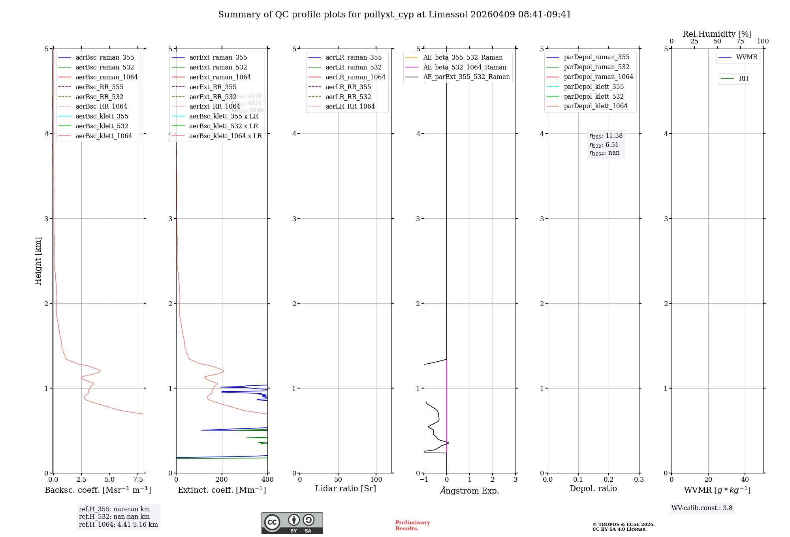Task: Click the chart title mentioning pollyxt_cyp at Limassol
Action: [x=395, y=15]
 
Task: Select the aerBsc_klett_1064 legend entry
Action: [x=104, y=136]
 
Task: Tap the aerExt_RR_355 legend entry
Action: [x=213, y=87]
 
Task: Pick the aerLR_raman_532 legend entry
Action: [x=354, y=67]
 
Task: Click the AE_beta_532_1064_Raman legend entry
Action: [x=465, y=67]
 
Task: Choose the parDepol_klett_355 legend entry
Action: [x=594, y=86]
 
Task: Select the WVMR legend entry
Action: [x=747, y=57]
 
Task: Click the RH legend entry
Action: [x=743, y=79]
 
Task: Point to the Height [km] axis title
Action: [x=38, y=261]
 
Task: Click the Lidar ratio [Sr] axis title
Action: [x=346, y=488]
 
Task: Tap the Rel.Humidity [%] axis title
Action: [x=717, y=34]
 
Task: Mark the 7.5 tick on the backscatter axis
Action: [x=138, y=480]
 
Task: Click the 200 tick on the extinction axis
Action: [x=222, y=480]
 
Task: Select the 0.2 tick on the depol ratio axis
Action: [x=609, y=480]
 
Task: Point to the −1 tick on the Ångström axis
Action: [x=424, y=480]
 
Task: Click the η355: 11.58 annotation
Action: [x=606, y=136]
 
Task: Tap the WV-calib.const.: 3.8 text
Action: [x=702, y=508]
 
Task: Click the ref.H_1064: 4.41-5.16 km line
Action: [x=118, y=525]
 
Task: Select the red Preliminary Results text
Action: [x=412, y=526]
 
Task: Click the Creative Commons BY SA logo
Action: [x=292, y=523]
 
